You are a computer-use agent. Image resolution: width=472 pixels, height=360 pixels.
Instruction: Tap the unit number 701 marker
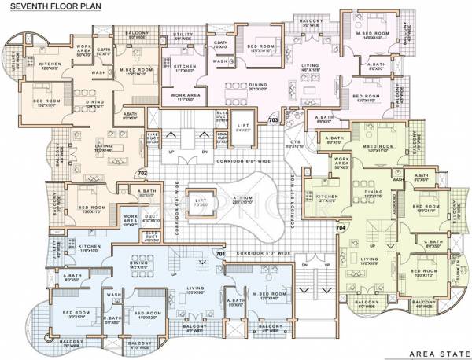(221, 255)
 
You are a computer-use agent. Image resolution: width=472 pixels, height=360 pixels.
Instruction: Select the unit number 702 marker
(142, 173)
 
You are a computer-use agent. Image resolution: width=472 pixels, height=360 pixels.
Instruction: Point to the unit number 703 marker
(273, 120)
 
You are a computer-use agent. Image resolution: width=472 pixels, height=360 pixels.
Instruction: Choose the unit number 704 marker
(341, 227)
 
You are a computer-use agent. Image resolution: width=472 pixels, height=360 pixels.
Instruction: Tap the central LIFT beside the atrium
(204, 200)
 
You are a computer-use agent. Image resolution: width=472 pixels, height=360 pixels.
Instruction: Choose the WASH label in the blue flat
(115, 296)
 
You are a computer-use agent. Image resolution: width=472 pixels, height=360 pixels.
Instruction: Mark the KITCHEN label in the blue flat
(88, 248)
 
